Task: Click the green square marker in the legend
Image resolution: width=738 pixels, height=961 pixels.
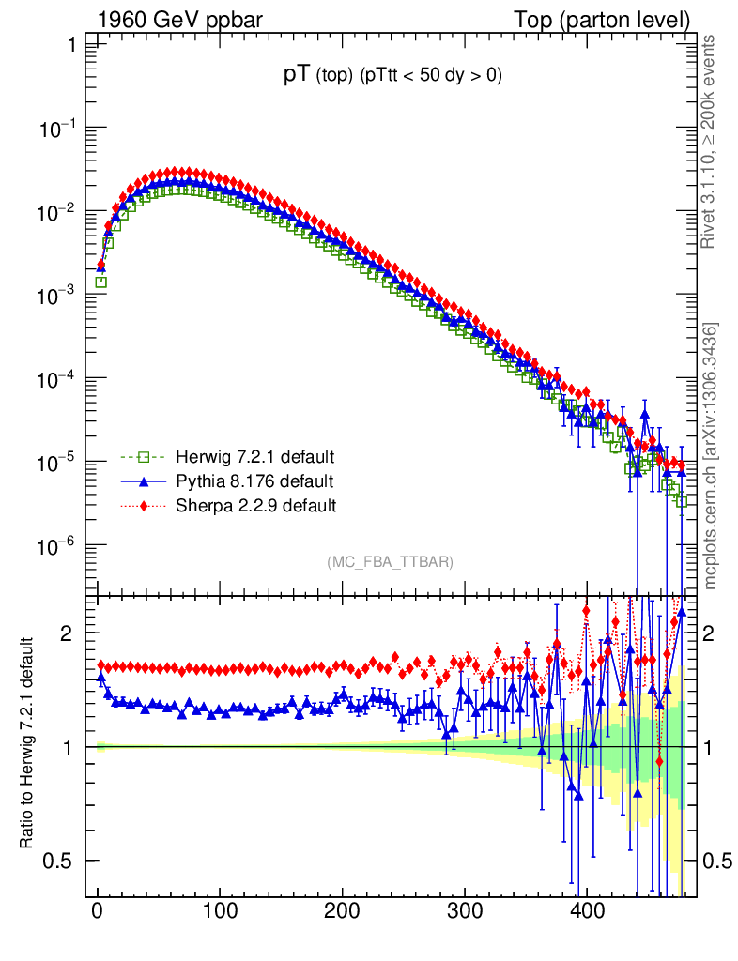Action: click(x=144, y=458)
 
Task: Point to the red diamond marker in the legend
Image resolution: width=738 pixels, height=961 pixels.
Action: click(x=144, y=506)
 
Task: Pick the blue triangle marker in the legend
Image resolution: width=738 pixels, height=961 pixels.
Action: click(x=144, y=482)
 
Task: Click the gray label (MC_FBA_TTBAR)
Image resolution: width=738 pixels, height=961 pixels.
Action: click(x=391, y=562)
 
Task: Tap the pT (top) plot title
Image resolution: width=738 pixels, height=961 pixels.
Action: click(x=392, y=77)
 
